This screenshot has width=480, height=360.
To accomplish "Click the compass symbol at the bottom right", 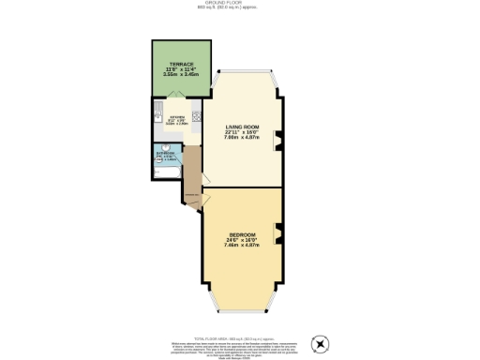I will click(x=323, y=343).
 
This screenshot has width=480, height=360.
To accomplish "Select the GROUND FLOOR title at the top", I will click(x=241, y=4).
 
